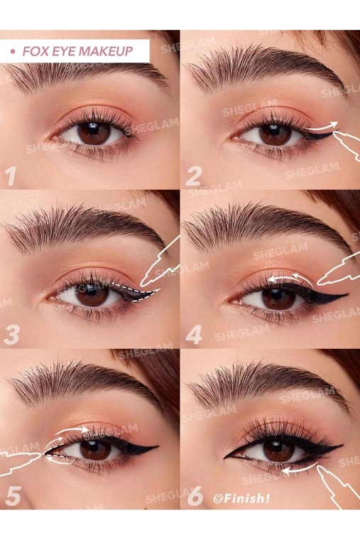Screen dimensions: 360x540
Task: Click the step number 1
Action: coord(11,175)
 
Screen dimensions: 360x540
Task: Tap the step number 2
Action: coord(193,177)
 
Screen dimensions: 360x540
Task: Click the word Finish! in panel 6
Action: coord(246,498)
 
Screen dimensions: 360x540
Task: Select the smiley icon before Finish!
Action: coord(217,498)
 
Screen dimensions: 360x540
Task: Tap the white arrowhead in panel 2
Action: coord(334,124)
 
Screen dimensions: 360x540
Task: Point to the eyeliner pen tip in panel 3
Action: coord(142,285)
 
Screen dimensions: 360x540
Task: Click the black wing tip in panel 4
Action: coord(347,295)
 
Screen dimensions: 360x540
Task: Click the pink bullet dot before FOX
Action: coord(13,51)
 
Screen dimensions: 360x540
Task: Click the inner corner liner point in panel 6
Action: coord(225,458)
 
